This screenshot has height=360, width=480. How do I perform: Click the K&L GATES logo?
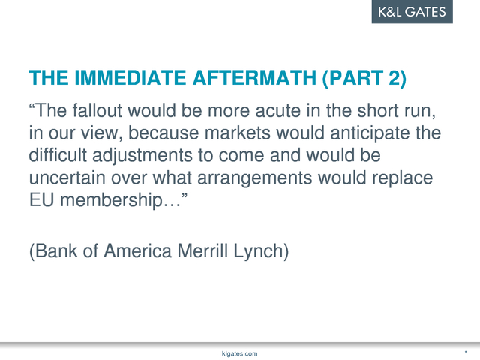(412, 12)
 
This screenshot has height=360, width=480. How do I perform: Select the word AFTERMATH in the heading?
(254, 77)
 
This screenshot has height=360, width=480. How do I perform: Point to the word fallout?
(97, 110)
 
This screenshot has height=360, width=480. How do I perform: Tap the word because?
(163, 133)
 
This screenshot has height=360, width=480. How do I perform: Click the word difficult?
(58, 155)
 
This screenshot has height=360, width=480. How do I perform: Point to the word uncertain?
(67, 178)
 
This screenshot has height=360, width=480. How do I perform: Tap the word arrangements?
(255, 178)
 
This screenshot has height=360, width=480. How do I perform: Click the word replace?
(402, 178)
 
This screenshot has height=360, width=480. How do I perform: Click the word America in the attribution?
(138, 250)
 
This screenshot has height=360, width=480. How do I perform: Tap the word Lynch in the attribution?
(258, 251)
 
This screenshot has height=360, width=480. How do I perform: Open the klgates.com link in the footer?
(240, 353)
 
